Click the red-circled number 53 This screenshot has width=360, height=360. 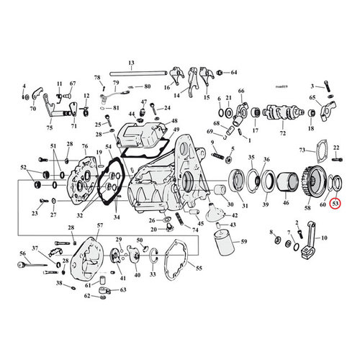pyautogui.click(x=336, y=204)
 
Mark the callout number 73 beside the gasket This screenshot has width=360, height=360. pyautogui.click(x=301, y=150)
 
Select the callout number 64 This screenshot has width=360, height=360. pyautogui.click(x=233, y=73)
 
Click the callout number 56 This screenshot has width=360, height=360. pyautogui.click(x=22, y=253)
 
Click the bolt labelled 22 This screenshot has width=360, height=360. pyautogui.click(x=335, y=158)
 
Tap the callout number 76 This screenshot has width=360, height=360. pyautogui.click(x=85, y=147)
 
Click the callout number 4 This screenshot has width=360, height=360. pyautogui.click(x=24, y=86)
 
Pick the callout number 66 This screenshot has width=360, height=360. pyautogui.click(x=241, y=91)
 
